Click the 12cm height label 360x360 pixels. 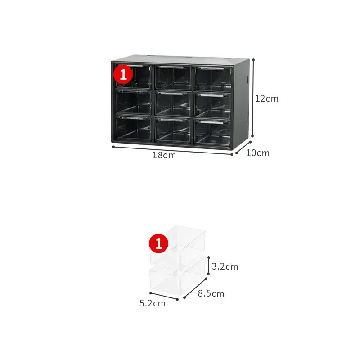267,99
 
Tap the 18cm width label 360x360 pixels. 164,155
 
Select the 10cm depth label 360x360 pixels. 258,153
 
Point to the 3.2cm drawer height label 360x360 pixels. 225,266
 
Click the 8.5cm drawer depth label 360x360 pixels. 211,293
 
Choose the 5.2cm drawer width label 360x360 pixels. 153,303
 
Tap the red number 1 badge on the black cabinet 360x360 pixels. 123,74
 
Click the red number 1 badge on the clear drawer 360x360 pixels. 159,243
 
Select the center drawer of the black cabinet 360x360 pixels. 173,103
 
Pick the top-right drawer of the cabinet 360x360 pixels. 213,79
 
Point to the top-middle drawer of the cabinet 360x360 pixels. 173,77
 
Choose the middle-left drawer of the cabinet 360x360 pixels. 134,102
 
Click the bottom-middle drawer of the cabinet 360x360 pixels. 173,130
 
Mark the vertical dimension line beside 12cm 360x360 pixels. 253,98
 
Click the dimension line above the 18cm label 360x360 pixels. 172,151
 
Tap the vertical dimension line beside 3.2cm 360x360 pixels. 208,265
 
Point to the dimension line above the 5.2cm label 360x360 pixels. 164,296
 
